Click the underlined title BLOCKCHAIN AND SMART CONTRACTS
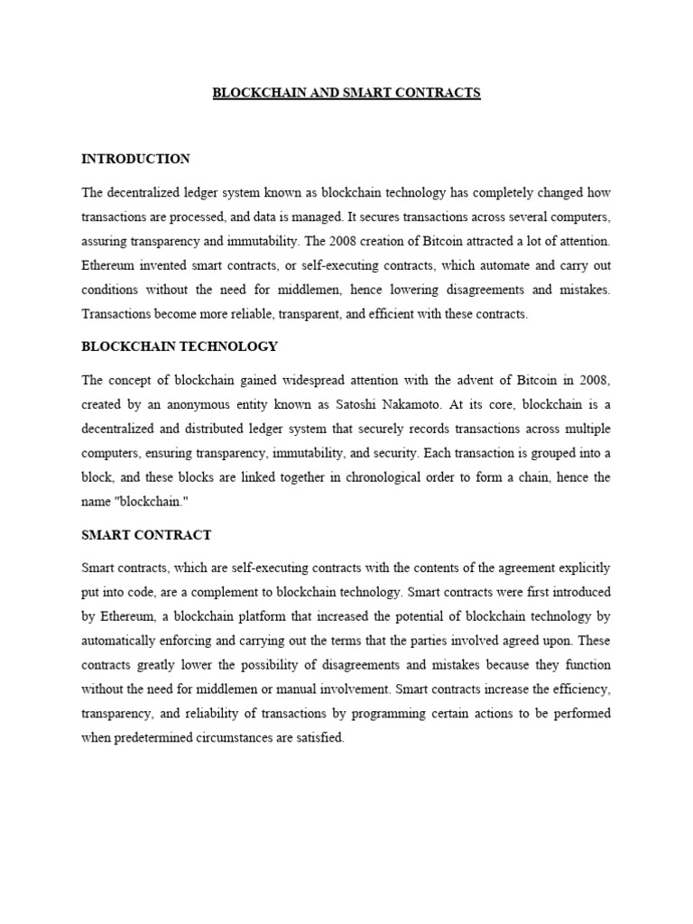coord(346,93)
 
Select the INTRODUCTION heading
coord(135,159)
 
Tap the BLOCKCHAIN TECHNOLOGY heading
coord(180,346)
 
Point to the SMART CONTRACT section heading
coord(146,535)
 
